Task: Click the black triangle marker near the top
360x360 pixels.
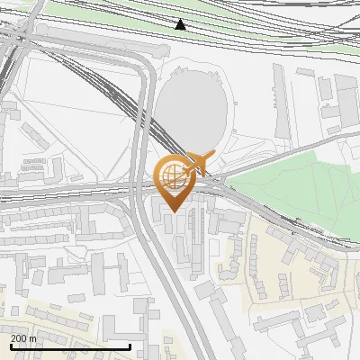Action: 181,24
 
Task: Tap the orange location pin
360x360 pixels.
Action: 175,180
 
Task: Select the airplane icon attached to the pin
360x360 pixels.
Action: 197,163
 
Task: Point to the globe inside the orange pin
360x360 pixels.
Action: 175,175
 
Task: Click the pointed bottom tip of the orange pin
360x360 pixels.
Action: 175,211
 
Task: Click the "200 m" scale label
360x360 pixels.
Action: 23,337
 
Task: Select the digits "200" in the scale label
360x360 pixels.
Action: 19,337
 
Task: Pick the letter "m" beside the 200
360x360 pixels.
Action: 32,337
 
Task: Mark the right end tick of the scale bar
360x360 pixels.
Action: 131,345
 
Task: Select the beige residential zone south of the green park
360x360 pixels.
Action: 288,270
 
